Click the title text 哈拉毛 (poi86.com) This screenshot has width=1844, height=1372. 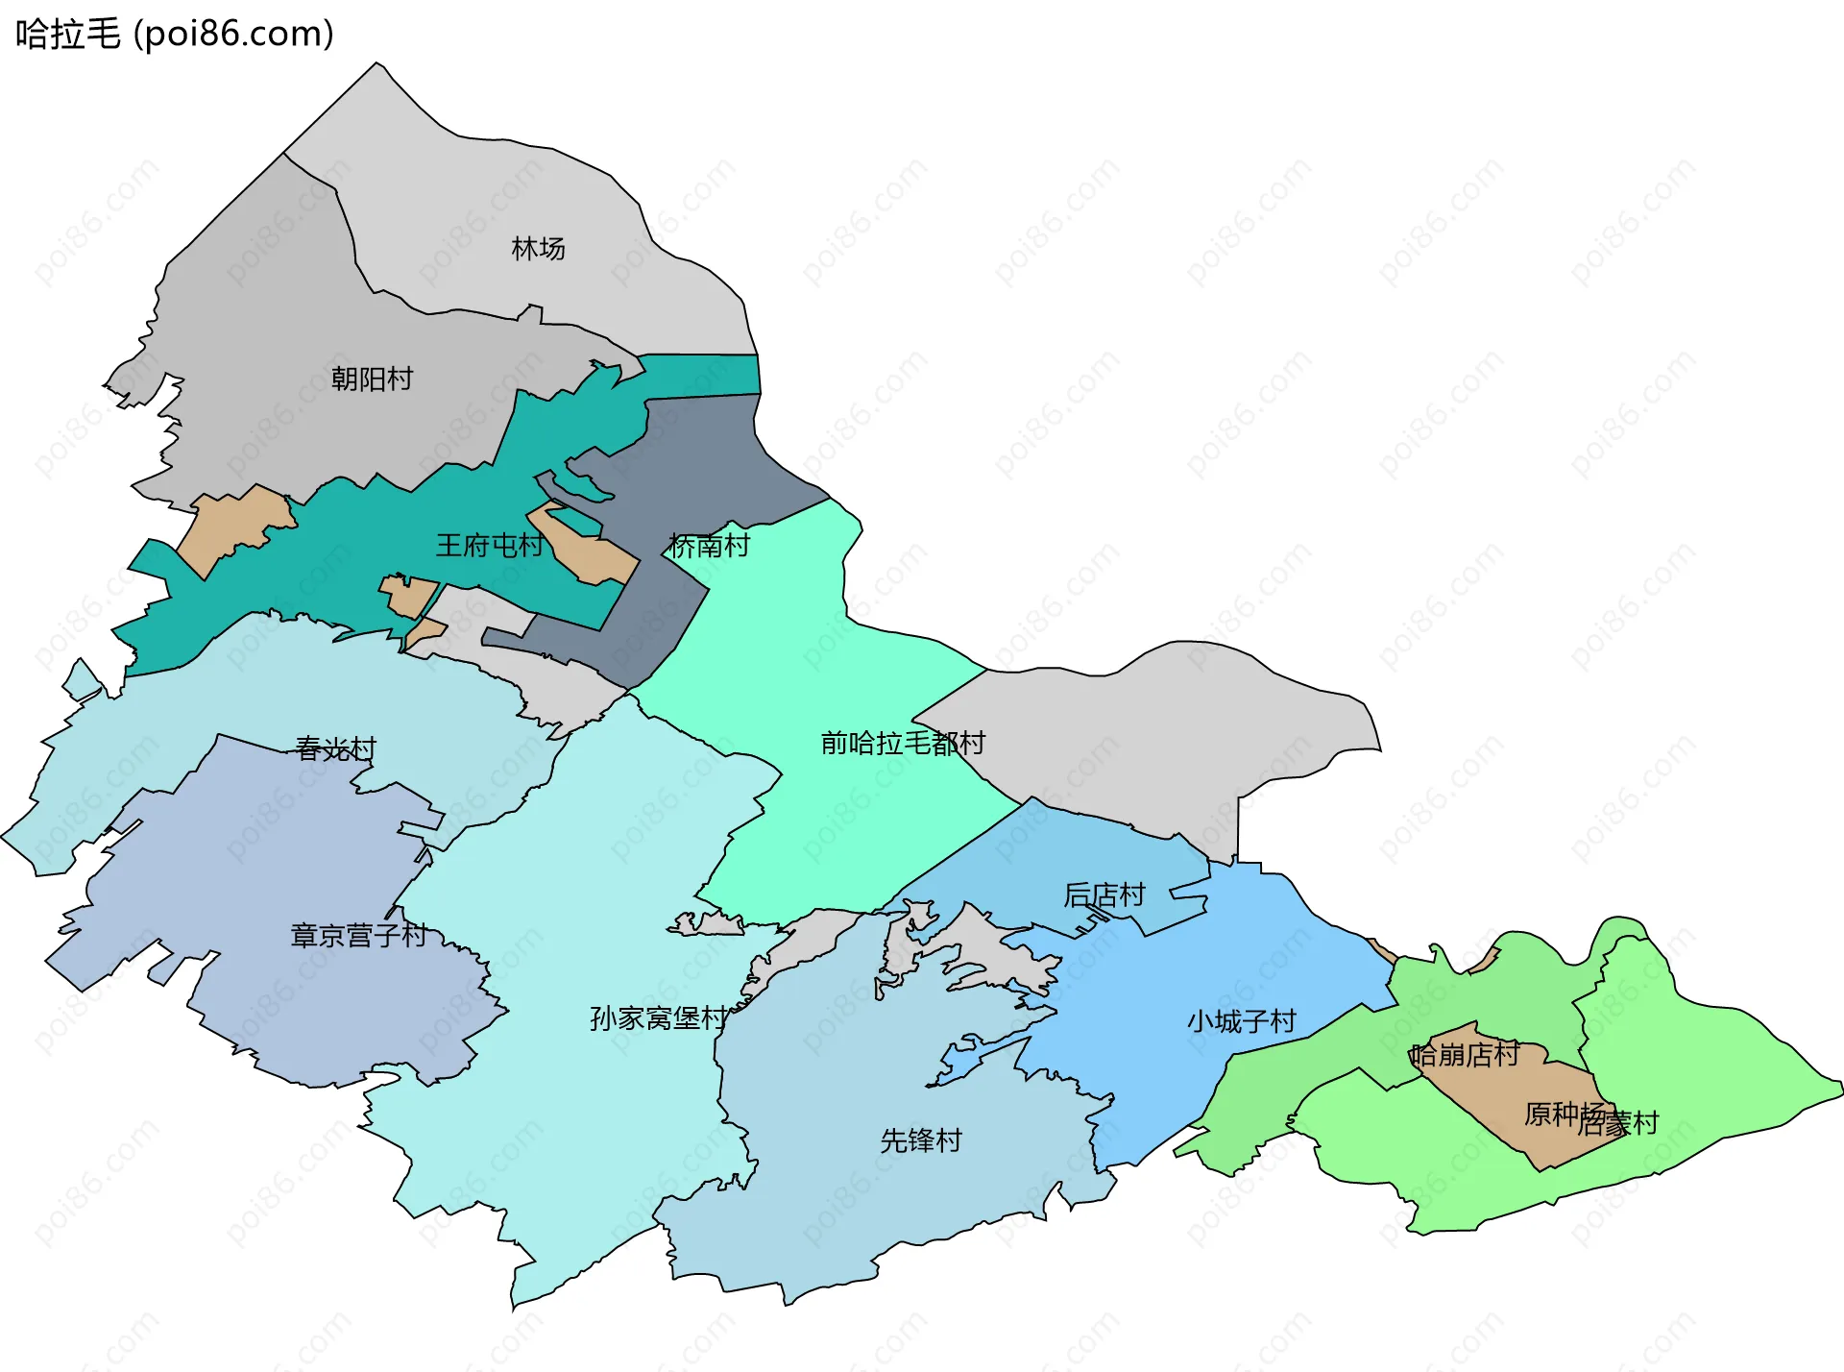click(x=174, y=34)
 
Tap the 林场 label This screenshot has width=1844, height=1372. click(x=538, y=249)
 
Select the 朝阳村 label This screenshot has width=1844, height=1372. click(x=372, y=380)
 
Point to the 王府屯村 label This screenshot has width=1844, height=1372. click(x=489, y=546)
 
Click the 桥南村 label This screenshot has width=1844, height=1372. click(x=709, y=546)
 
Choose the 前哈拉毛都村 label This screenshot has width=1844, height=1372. click(x=902, y=743)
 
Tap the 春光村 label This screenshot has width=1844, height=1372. click(x=335, y=748)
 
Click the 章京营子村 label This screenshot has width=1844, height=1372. click(x=358, y=935)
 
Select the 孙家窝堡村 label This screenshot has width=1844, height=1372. click(x=658, y=1018)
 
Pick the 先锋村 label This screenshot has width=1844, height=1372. click(x=920, y=1140)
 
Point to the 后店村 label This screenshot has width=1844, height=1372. click(x=1104, y=895)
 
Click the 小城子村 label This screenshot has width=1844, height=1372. click(x=1241, y=1021)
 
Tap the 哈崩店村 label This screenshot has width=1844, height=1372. click(x=1465, y=1055)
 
